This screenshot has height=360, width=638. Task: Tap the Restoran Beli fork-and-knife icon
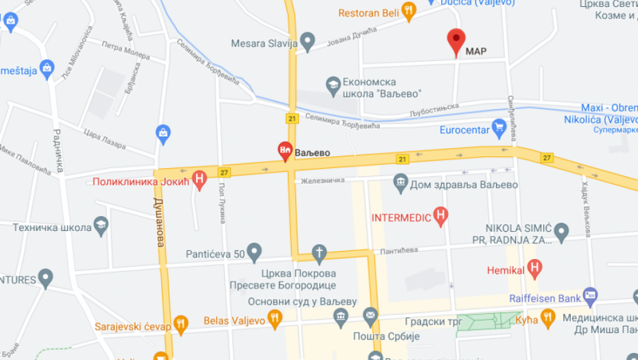pos(408,10)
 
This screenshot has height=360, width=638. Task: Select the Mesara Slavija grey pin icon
pos(308,42)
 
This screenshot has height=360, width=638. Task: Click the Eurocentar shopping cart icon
pos(499,128)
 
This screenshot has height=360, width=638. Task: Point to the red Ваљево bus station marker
pos(285,150)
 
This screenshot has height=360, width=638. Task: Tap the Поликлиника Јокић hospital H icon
pos(200,180)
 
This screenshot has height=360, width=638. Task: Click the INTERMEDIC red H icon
pos(442,217)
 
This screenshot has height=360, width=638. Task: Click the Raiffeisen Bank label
pos(545,298)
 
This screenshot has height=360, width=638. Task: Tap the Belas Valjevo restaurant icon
pos(274,318)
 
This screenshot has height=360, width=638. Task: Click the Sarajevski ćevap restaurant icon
pos(181,324)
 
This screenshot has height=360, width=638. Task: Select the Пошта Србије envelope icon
pos(371,316)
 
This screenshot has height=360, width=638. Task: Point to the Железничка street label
pos(319,181)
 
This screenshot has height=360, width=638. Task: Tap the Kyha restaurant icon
pos(547,317)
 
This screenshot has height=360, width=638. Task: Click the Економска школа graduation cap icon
pos(334,85)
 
